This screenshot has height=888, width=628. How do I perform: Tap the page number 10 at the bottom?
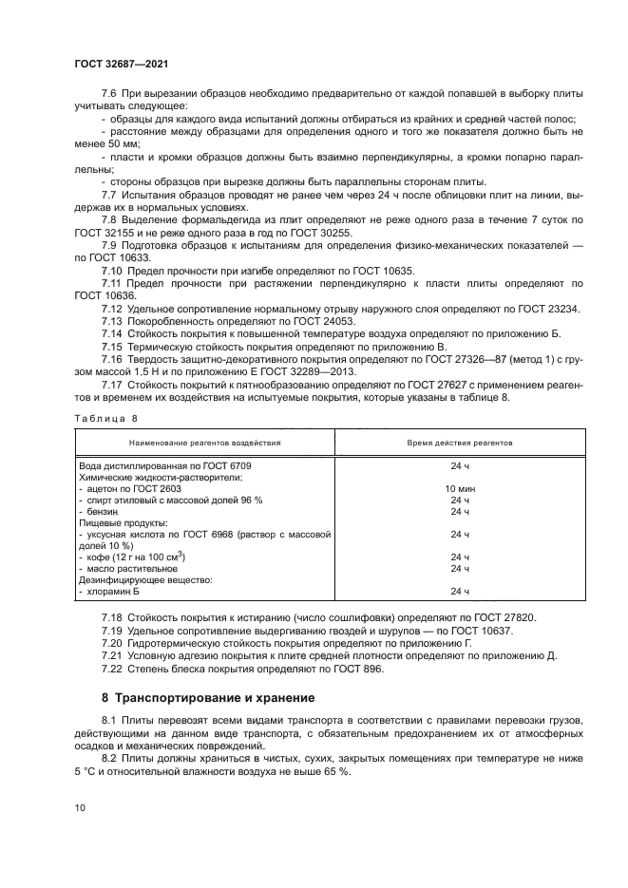click(x=79, y=807)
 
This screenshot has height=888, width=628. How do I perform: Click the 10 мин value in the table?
click(x=460, y=488)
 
